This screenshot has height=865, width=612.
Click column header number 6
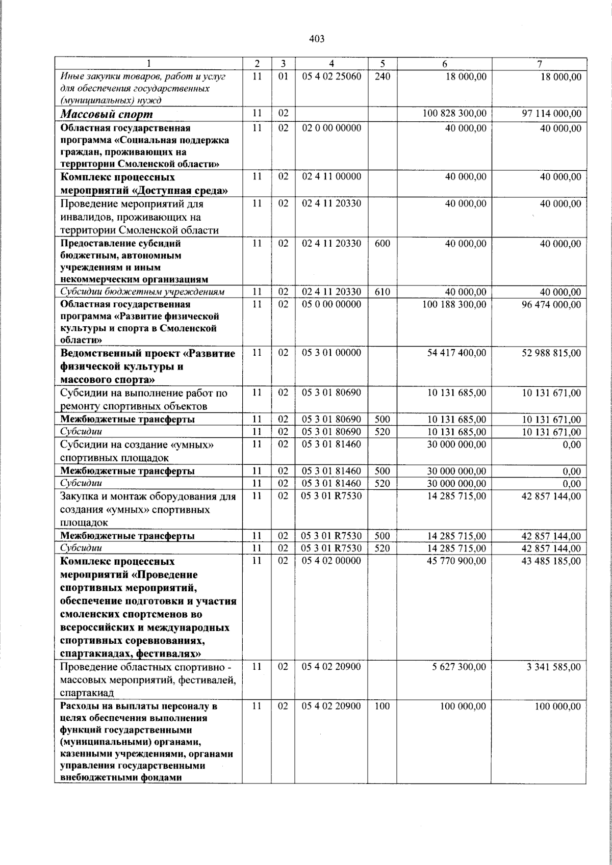[x=445, y=64]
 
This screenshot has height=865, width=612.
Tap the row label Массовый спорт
[x=107, y=114]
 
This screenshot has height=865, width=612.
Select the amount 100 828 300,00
[x=454, y=114]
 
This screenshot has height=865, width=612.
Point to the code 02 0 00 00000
[x=331, y=128]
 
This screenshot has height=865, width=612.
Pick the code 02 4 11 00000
[x=331, y=177]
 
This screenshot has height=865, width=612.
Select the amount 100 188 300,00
[x=454, y=304]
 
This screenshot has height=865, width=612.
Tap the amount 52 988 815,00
[x=551, y=353]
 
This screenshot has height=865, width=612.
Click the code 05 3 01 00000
[x=331, y=353]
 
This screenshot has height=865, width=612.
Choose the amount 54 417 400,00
[x=456, y=353]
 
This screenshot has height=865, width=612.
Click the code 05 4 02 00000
[x=331, y=561]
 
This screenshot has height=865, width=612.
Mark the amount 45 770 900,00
[x=456, y=561]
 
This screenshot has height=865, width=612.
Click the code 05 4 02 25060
[x=331, y=76]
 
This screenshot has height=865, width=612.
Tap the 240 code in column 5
[x=382, y=76]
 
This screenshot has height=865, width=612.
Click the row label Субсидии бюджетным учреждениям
[x=142, y=292]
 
